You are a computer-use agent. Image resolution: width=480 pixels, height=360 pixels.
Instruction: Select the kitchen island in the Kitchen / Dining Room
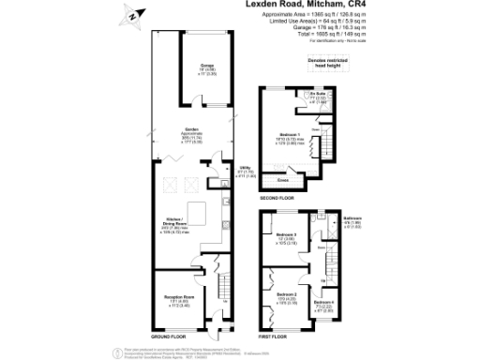(200, 209)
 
